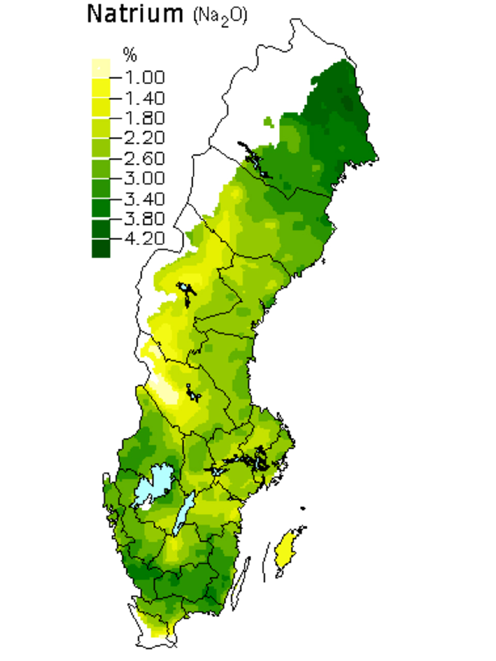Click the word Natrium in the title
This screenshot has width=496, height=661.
point(135,14)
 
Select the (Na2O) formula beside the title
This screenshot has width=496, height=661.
point(220,16)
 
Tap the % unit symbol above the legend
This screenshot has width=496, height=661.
point(130,55)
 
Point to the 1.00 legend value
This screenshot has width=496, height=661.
point(144,77)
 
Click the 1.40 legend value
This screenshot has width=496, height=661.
point(144,98)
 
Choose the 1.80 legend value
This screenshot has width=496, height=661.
point(144,118)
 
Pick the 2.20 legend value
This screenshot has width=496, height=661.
point(144,138)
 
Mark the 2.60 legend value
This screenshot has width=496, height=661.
point(144,158)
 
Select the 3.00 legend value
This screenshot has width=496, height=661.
point(144,178)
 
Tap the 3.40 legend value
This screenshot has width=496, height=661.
point(144,198)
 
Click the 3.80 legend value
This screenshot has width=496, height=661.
point(144,218)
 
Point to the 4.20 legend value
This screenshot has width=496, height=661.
point(144,239)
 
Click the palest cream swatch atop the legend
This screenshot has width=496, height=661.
point(101,68)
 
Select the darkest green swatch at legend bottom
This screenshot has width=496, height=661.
point(101,249)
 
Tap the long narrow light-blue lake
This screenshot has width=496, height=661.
point(183,514)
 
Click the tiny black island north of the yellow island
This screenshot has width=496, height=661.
point(302,508)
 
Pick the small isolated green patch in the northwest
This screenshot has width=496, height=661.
point(268,122)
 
